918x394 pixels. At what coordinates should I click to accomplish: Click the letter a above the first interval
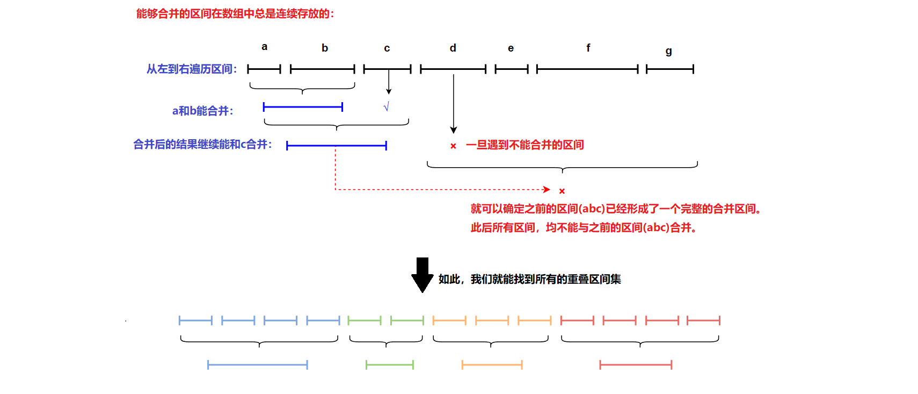pyautogui.click(x=264, y=47)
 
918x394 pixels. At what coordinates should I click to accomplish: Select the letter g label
pyautogui.click(x=668, y=51)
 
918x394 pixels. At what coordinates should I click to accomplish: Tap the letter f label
pyautogui.click(x=588, y=48)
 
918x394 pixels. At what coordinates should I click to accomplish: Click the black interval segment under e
pyautogui.click(x=512, y=69)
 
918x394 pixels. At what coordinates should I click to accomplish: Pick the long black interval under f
pyautogui.click(x=587, y=69)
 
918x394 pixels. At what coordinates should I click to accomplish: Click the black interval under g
pyautogui.click(x=670, y=69)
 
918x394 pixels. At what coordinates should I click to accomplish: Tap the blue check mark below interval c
pyautogui.click(x=386, y=107)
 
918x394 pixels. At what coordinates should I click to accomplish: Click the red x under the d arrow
pyautogui.click(x=453, y=146)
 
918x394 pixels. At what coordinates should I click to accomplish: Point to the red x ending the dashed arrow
pyautogui.click(x=562, y=191)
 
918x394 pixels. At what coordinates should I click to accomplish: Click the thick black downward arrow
pyautogui.click(x=422, y=275)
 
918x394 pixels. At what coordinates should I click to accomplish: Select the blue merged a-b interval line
pyautogui.click(x=303, y=107)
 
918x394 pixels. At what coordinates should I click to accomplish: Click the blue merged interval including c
pyautogui.click(x=337, y=146)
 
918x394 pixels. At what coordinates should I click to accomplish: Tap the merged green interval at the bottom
pyautogui.click(x=390, y=365)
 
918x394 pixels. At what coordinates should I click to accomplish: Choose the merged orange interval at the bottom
pyautogui.click(x=492, y=365)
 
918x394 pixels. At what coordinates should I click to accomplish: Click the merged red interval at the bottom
pyautogui.click(x=636, y=365)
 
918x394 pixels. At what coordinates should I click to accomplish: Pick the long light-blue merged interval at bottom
pyautogui.click(x=258, y=365)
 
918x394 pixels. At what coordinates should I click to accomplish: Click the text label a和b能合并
pyautogui.click(x=202, y=111)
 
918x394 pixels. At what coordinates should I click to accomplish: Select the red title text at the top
pyautogui.click(x=235, y=13)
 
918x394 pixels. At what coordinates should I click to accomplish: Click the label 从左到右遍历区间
pyautogui.click(x=192, y=69)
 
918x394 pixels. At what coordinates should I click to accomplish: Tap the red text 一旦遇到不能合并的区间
pyautogui.click(x=524, y=145)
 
